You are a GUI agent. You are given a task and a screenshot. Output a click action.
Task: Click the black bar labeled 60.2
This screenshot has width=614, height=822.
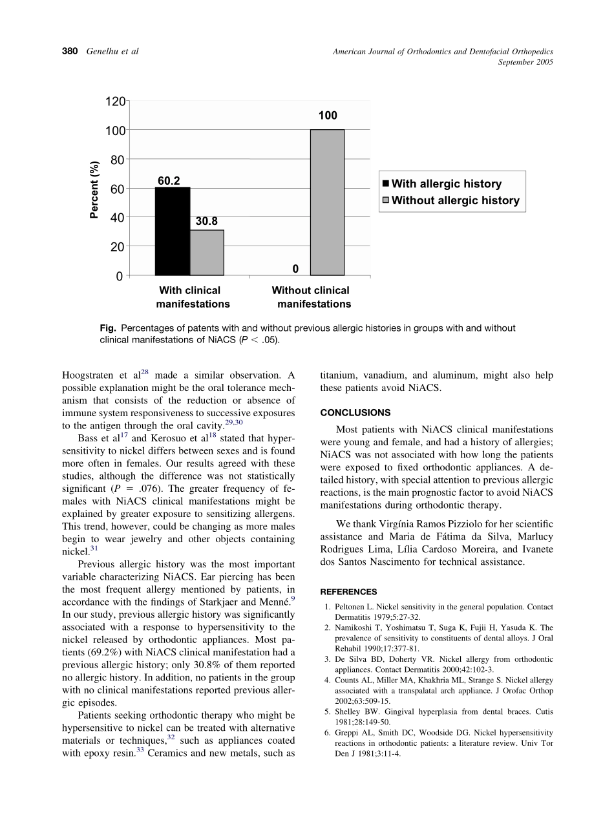click(173, 231)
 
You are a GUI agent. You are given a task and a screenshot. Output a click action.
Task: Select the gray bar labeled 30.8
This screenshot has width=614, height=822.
click(207, 253)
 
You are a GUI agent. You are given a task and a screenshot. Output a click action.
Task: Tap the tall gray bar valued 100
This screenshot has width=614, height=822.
click(327, 202)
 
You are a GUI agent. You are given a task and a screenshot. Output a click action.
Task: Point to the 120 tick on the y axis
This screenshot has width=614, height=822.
click(115, 101)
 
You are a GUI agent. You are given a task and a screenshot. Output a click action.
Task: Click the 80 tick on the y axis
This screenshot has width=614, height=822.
click(118, 160)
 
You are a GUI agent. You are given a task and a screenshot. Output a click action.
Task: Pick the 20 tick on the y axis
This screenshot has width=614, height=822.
click(118, 247)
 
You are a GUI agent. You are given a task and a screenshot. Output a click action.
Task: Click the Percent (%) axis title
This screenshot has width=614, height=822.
click(95, 189)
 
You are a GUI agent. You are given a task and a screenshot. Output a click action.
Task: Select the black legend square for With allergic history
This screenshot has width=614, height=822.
click(386, 184)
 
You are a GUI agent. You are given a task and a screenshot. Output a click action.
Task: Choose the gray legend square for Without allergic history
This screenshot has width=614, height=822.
click(386, 200)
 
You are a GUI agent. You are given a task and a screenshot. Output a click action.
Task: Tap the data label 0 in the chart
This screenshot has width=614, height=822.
click(295, 268)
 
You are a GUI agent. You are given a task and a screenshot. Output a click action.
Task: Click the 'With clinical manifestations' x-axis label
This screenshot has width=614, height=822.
click(191, 297)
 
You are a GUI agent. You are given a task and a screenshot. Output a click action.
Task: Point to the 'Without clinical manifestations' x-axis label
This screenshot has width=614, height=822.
click(312, 297)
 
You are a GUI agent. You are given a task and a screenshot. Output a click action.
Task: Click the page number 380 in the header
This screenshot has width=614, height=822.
click(70, 52)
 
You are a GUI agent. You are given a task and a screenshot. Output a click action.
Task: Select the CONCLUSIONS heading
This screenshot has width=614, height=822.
click(355, 412)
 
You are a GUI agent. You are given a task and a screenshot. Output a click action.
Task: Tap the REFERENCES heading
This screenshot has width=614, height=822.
click(349, 591)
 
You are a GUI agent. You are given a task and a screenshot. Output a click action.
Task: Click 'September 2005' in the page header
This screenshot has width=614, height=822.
click(525, 62)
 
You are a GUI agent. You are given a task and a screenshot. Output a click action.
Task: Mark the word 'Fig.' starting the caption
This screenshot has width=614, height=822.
click(108, 328)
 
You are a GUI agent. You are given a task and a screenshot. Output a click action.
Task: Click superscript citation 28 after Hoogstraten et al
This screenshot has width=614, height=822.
click(145, 372)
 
